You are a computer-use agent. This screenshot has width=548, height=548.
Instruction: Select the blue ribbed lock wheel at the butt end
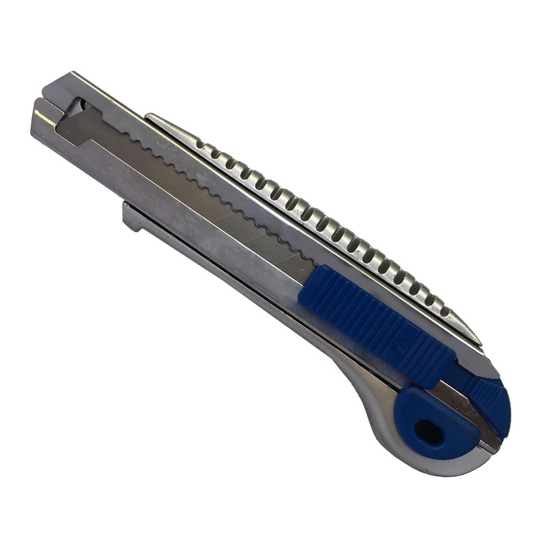490,401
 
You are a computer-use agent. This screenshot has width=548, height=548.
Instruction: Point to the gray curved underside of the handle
370,404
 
